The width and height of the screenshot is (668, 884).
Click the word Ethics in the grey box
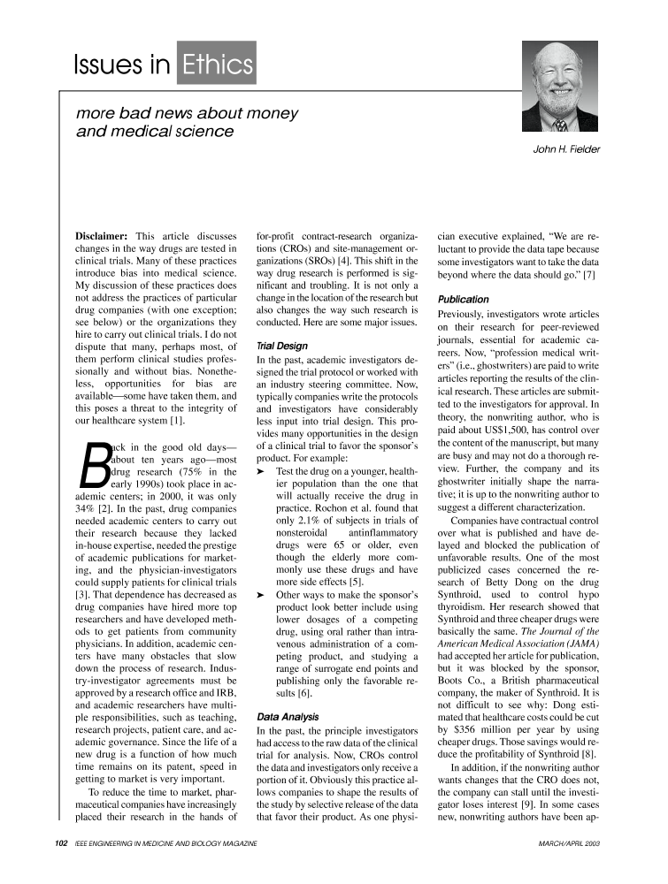coord(217,64)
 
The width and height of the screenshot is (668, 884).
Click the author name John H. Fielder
coord(566,149)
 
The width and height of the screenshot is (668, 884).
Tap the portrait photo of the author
coord(559,88)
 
